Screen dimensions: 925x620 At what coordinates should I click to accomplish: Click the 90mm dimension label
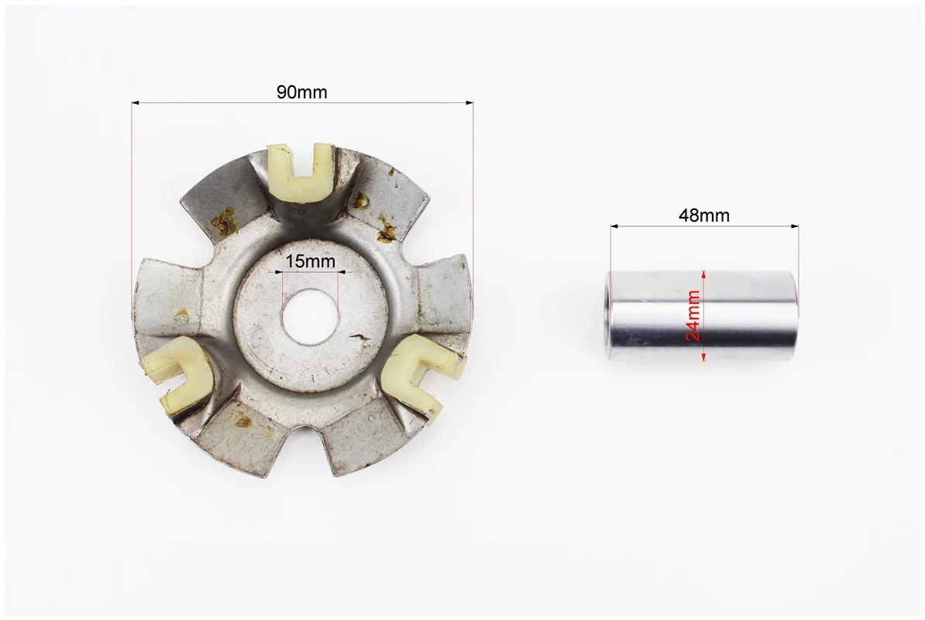coord(301,92)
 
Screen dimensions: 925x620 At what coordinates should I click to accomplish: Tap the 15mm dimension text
coord(311,260)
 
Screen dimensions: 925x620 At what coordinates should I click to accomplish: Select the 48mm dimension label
coord(703,215)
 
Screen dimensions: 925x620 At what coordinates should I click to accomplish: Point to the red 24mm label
coord(694,315)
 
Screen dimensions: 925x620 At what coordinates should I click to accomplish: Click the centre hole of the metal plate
coord(310,318)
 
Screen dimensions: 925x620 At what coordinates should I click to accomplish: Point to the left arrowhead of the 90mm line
coord(135,103)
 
